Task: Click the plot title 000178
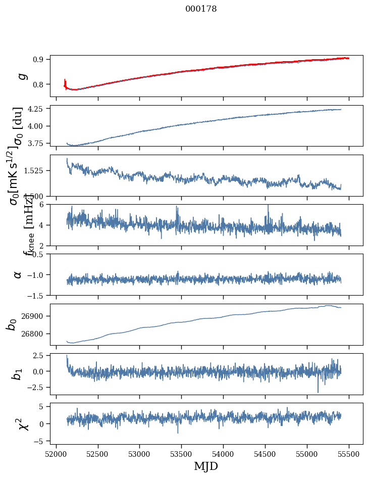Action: (x=201, y=9)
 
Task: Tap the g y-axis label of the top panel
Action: (x=21, y=76)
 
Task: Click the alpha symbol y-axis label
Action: (x=18, y=274)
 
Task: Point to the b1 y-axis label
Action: (x=18, y=374)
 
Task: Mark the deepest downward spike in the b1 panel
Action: (x=318, y=392)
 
